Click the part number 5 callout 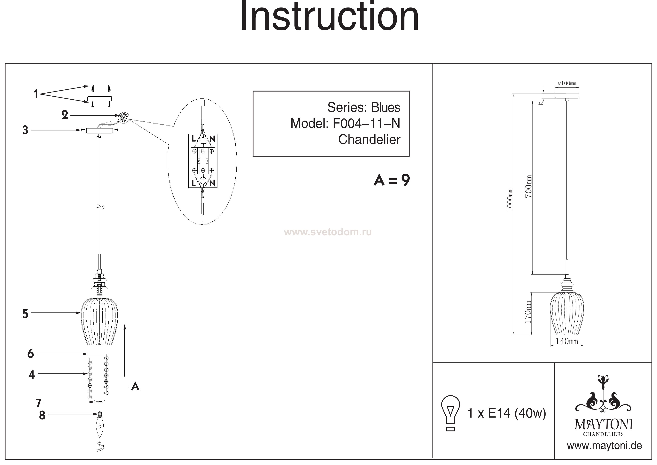[x=25, y=314]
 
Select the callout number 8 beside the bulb [x=42, y=415]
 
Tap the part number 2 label [x=65, y=115]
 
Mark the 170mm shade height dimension [x=528, y=312]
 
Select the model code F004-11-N [x=366, y=124]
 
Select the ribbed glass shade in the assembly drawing [x=100, y=321]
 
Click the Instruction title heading [x=329, y=17]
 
